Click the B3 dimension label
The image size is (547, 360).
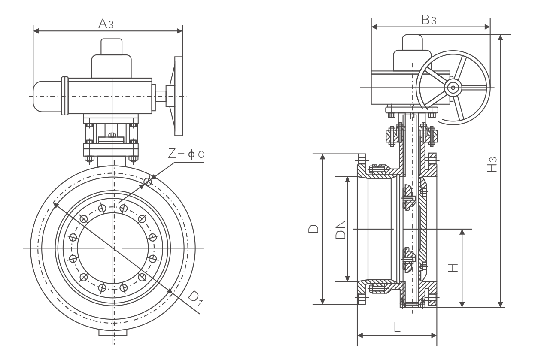pyautogui.click(x=428, y=20)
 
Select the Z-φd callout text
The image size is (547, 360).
pyautogui.click(x=185, y=154)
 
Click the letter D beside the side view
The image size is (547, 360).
pyautogui.click(x=314, y=229)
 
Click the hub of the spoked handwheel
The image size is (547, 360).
pyautogui.click(x=452, y=88)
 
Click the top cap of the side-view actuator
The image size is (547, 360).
pyautogui.click(x=412, y=42)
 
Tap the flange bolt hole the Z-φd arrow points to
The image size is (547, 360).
pyautogui.click(x=148, y=182)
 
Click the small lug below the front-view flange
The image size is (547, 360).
pyautogui.click(x=113, y=333)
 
